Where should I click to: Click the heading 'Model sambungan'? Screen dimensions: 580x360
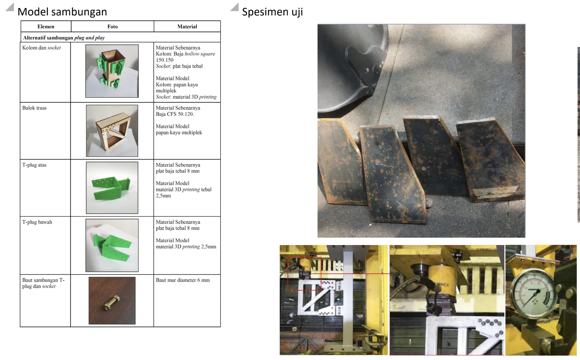62,12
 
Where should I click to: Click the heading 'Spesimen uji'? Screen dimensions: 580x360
272,12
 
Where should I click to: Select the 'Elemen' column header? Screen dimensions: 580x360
46,26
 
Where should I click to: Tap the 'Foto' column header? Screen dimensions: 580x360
112,26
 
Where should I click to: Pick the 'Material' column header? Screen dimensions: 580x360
187,26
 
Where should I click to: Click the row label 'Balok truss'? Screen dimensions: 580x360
35,108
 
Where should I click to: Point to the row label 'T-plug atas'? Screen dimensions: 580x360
35,165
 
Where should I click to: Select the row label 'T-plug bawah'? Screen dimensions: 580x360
37,222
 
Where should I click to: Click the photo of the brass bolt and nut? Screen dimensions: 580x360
112,300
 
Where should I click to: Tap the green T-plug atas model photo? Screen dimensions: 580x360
112,188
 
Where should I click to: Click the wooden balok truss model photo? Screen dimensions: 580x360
112,131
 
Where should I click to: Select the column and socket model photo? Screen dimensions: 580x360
112,71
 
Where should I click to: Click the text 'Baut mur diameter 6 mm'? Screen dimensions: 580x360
183,280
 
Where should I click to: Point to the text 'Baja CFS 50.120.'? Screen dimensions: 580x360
175,114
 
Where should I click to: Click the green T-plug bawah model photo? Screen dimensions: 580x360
112,245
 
